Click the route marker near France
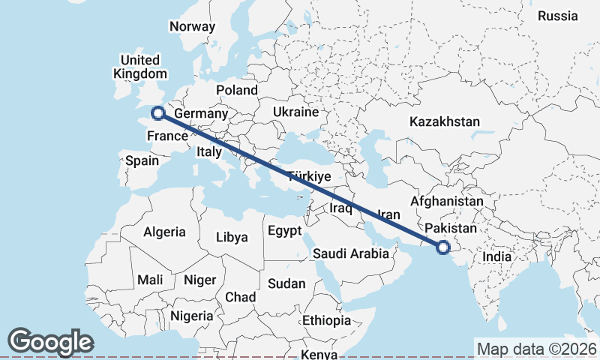(158, 113)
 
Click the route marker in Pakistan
(443, 246)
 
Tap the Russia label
(558, 16)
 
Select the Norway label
(192, 26)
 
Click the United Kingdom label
(140, 67)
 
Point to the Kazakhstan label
(445, 121)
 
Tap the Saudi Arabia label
(351, 253)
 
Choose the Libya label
(232, 237)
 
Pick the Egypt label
(284, 230)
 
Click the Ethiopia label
(326, 320)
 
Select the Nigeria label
(192, 316)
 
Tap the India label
(496, 256)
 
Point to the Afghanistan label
(447, 202)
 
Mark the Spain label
(142, 160)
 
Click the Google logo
(50, 342)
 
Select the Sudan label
(286, 283)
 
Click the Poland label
(237, 90)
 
